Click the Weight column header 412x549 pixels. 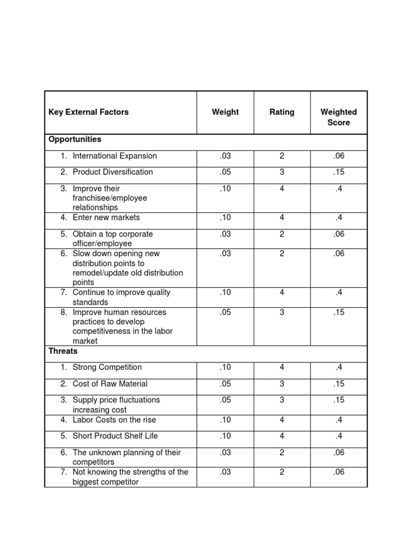(225, 112)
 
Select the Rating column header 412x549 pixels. (282, 112)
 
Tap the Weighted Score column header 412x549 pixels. (339, 117)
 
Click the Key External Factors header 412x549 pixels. (89, 112)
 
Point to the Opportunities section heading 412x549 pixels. (75, 139)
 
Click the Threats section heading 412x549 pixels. (63, 351)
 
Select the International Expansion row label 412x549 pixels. (115, 156)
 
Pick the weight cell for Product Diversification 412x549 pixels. (225, 172)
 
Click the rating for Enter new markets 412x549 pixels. (282, 218)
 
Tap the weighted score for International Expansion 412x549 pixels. (339, 156)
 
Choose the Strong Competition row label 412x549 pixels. (107, 367)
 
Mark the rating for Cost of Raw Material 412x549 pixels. (282, 384)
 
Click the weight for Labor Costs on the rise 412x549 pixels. (225, 420)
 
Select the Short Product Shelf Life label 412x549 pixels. (115, 436)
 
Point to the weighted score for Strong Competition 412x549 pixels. (339, 367)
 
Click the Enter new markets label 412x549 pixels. (106, 218)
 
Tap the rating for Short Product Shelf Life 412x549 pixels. (282, 436)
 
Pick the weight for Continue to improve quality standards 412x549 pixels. (225, 293)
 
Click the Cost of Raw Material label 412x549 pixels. (110, 384)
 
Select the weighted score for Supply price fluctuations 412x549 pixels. (339, 400)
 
